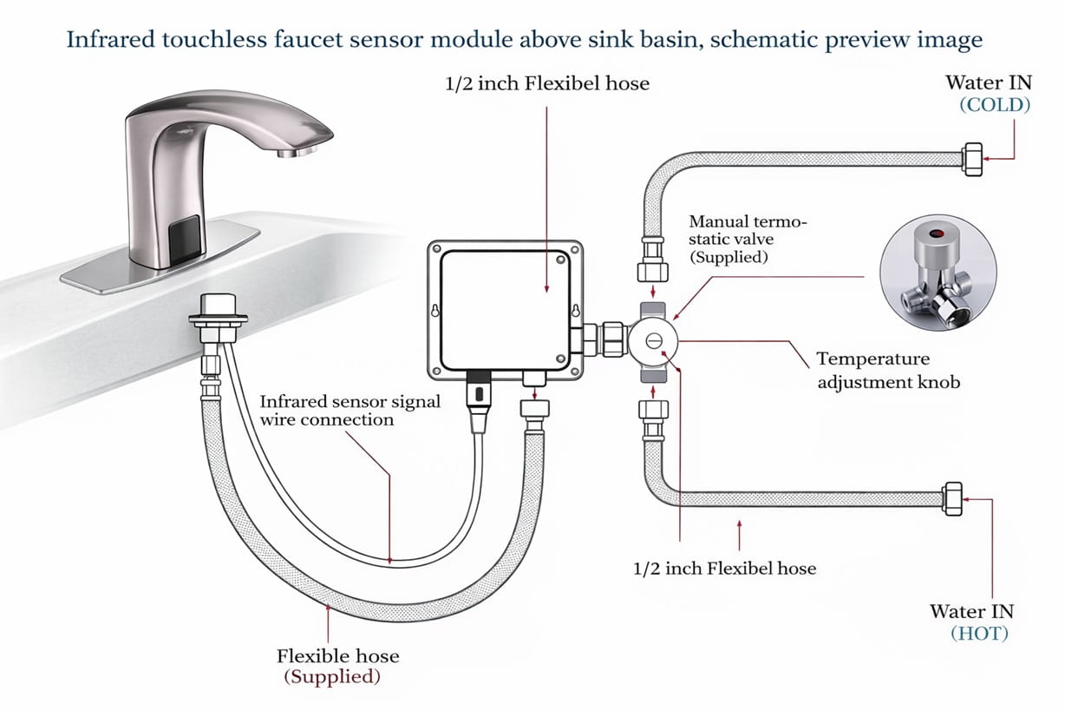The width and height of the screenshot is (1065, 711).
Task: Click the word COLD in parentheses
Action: point(994,105)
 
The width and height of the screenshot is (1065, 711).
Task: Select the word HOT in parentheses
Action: point(979,634)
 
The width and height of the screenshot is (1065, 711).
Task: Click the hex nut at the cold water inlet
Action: point(972,160)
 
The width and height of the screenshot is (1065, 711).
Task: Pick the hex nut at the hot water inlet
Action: point(953,497)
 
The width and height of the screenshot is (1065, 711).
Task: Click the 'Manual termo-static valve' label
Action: point(747,240)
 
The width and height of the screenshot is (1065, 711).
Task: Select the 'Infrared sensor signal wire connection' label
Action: point(350,411)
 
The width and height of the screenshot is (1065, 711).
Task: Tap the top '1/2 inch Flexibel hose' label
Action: point(547,84)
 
